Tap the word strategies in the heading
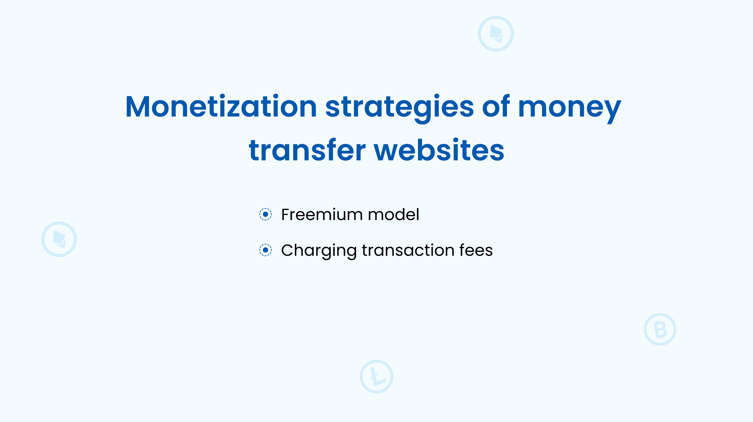pyautogui.click(x=400, y=109)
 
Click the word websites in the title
pyautogui.click(x=439, y=150)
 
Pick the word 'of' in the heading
pyautogui.click(x=496, y=106)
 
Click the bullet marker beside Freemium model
pyautogui.click(x=265, y=214)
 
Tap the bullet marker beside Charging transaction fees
pyautogui.click(x=265, y=250)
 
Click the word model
pyautogui.click(x=394, y=215)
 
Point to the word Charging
pyautogui.click(x=319, y=251)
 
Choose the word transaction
pyautogui.click(x=408, y=250)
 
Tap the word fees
pyautogui.click(x=476, y=250)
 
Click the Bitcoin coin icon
pyautogui.click(x=660, y=329)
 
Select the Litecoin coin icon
pyautogui.click(x=376, y=377)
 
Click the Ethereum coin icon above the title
pyautogui.click(x=496, y=34)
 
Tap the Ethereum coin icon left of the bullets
pyautogui.click(x=59, y=239)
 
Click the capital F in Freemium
pyautogui.click(x=286, y=215)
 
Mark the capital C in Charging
pyautogui.click(x=288, y=250)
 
